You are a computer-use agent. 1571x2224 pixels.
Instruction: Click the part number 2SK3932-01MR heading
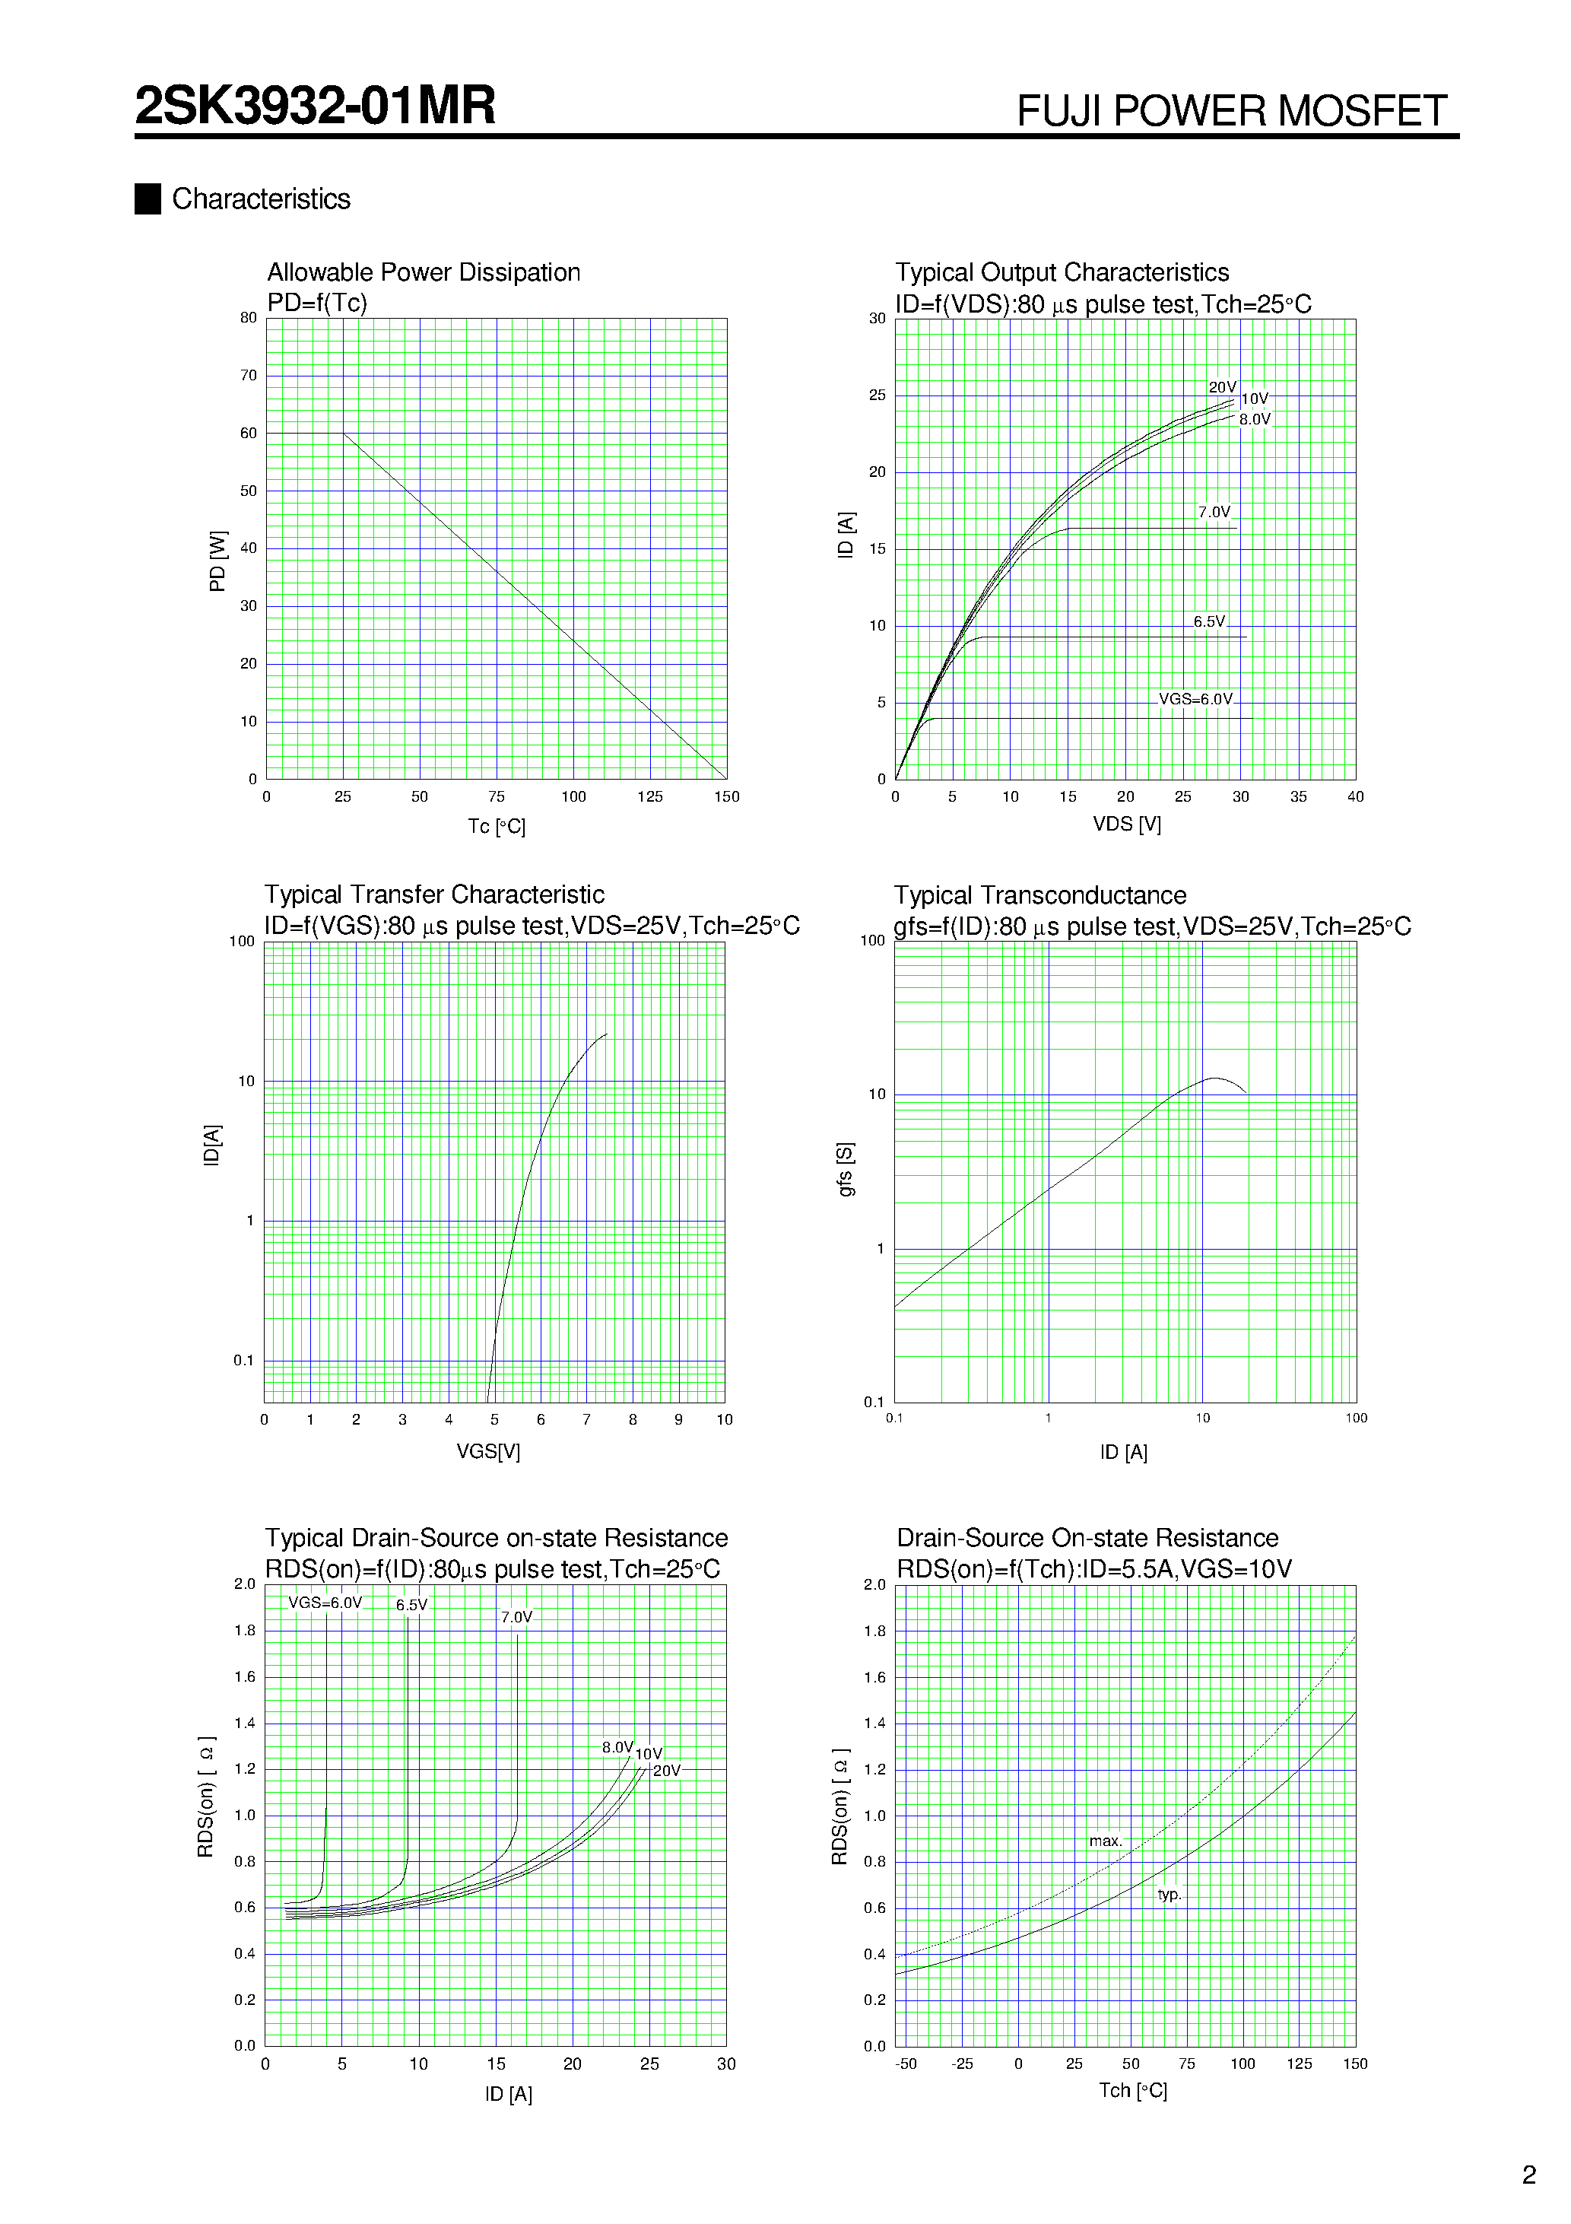[x=315, y=106]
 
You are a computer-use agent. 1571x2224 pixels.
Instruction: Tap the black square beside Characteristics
[x=148, y=199]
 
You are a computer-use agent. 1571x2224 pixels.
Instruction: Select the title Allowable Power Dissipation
[x=424, y=272]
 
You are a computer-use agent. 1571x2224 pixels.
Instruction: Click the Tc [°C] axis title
[x=496, y=826]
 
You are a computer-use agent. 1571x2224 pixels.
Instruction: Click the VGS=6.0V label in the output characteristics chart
[x=1195, y=699]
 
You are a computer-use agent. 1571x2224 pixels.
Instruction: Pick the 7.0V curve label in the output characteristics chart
[x=1214, y=511]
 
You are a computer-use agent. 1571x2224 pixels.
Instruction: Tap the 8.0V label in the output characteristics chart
[x=1254, y=419]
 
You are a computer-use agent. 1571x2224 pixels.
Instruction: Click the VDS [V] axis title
[x=1126, y=824]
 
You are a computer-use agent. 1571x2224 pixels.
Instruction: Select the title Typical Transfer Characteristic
[x=434, y=894]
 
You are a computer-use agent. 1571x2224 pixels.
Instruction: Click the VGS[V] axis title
[x=488, y=1451]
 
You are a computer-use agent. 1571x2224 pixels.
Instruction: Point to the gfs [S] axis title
[x=846, y=1168]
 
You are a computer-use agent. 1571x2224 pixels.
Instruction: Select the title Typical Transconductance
[x=1039, y=895]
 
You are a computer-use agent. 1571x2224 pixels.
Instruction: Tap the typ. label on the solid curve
[x=1169, y=1894]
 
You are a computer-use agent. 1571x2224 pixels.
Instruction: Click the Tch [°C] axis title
[x=1132, y=2090]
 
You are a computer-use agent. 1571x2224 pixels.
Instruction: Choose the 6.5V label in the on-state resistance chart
[x=411, y=1605]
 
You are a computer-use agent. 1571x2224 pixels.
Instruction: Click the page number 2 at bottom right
[x=1529, y=2175]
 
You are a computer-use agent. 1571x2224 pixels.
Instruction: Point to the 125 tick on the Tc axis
[x=650, y=796]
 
